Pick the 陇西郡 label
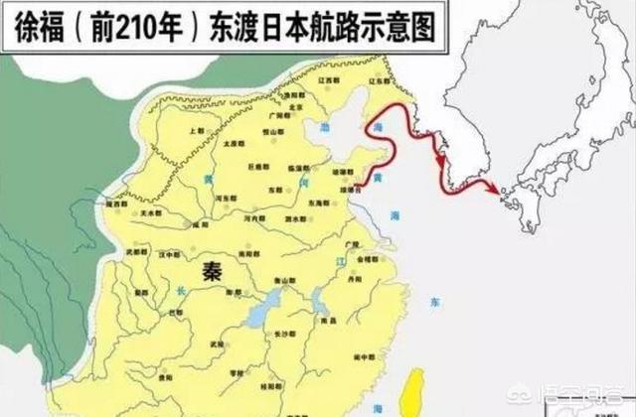pyautogui.click(x=125, y=204)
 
